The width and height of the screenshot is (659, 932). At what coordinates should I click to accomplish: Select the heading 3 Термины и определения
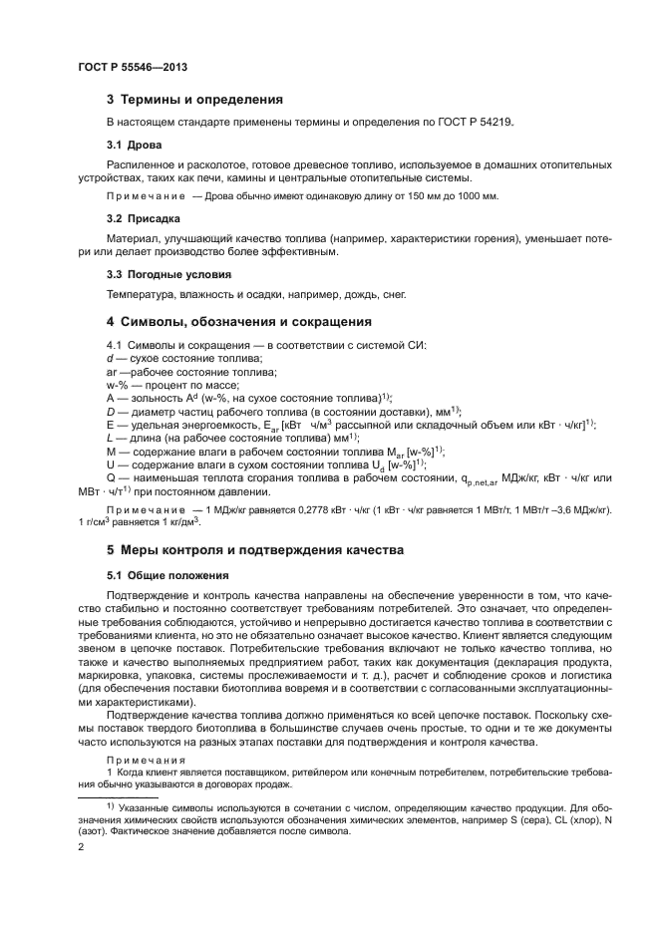[194, 100]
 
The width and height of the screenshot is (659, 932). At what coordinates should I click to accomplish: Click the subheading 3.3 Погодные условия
[168, 273]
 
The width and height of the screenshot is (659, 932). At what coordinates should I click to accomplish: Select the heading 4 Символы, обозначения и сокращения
[238, 322]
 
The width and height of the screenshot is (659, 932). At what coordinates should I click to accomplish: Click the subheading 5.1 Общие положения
[167, 576]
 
